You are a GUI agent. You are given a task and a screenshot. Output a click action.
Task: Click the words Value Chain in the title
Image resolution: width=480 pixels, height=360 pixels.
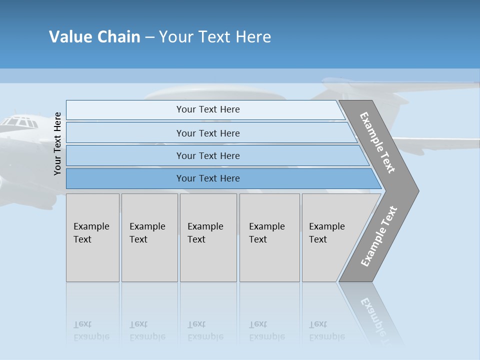point(94,37)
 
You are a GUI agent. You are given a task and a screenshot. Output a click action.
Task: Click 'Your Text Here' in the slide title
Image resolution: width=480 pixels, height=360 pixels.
point(215,37)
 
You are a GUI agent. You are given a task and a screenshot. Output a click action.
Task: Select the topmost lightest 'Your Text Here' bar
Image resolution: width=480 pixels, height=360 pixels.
point(207,109)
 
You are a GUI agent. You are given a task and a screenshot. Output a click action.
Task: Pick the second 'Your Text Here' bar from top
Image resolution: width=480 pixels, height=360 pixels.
point(207,133)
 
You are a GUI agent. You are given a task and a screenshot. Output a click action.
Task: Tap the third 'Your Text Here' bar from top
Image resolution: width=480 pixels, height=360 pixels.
point(207,155)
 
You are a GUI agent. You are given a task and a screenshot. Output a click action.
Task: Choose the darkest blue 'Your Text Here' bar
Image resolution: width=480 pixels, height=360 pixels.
point(207,178)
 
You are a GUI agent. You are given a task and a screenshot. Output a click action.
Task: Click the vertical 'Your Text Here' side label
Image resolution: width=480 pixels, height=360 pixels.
point(57,143)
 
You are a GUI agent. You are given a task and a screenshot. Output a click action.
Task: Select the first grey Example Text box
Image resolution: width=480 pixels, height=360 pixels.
point(92,237)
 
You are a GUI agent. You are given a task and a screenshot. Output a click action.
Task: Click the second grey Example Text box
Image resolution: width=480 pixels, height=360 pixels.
point(149,237)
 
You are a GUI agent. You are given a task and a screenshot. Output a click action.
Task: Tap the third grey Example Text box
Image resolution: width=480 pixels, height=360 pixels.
point(207,237)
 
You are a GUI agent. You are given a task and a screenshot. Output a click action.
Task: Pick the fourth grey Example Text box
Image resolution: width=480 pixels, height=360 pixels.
point(269,237)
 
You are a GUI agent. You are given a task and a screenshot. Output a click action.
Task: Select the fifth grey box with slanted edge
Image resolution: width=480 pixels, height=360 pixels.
point(330,237)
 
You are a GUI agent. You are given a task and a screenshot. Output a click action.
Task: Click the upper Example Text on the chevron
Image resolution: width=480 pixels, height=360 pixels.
point(377,142)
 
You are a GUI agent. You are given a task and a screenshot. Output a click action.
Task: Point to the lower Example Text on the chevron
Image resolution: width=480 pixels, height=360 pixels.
point(378,236)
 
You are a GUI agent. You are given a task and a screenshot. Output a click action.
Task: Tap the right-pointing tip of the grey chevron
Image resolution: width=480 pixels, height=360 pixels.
point(416,190)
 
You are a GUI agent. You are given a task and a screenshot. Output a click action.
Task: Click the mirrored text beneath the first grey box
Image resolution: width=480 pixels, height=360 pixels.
point(91,330)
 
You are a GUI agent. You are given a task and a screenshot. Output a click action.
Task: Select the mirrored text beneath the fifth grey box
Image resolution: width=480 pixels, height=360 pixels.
point(327,330)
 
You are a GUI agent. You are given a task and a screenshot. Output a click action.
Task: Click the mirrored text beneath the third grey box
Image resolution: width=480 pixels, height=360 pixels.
point(205,330)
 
